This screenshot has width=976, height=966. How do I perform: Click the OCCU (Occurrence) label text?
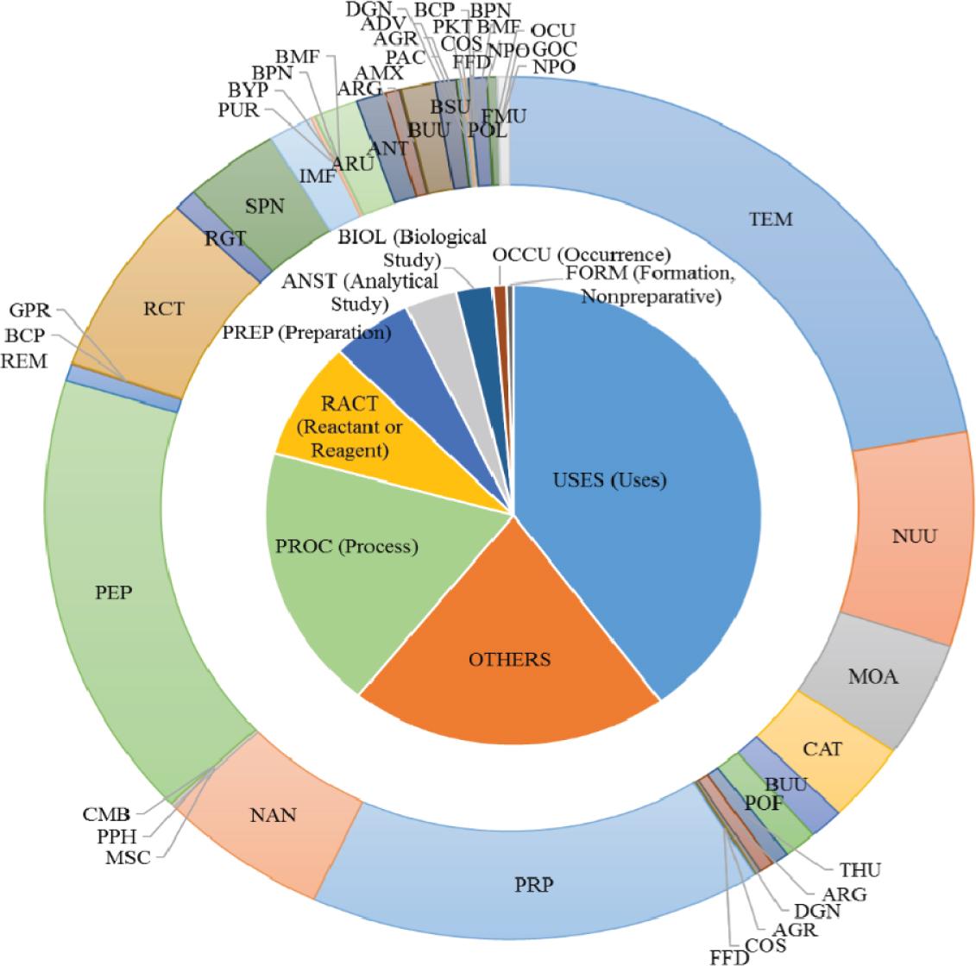point(581,254)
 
